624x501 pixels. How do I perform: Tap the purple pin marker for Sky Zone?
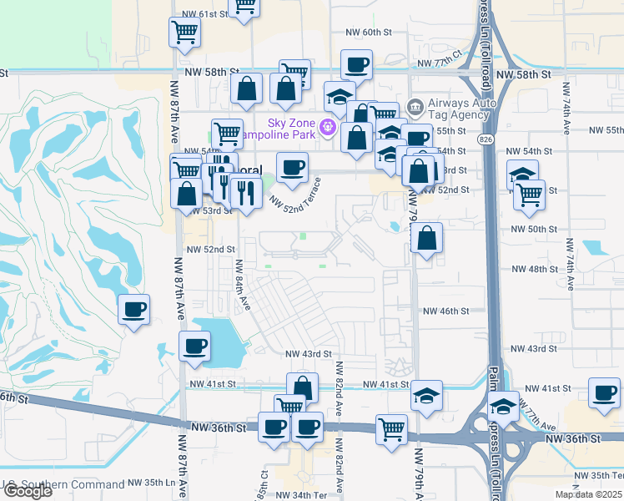[327, 128]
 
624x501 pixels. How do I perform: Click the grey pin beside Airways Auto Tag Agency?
[415, 109]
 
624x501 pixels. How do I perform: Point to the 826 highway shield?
[485, 136]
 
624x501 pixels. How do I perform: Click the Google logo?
[27, 491]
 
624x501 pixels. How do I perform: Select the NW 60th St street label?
[368, 32]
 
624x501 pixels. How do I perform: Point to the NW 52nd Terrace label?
[294, 195]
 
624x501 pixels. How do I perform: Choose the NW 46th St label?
[447, 311]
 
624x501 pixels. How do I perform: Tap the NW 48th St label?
[534, 269]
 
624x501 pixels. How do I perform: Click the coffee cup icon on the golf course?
[133, 311]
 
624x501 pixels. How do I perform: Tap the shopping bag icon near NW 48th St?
[426, 240]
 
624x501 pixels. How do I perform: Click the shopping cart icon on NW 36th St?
[390, 430]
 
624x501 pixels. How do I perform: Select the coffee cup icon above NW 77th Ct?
[356, 64]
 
